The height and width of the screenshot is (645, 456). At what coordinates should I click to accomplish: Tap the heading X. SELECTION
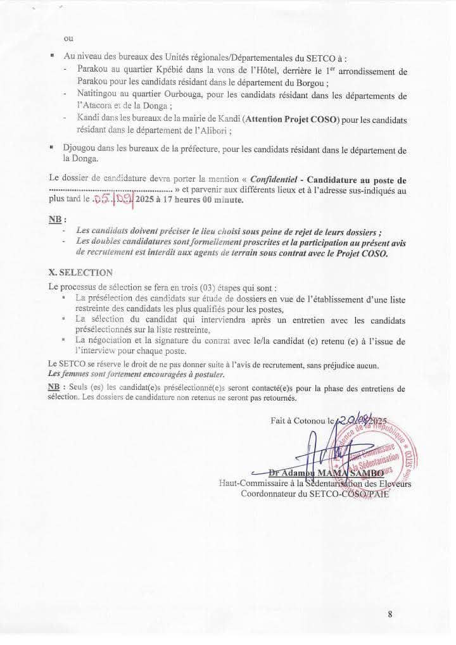(80, 273)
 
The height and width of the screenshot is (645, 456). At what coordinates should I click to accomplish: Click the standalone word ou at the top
(68, 38)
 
